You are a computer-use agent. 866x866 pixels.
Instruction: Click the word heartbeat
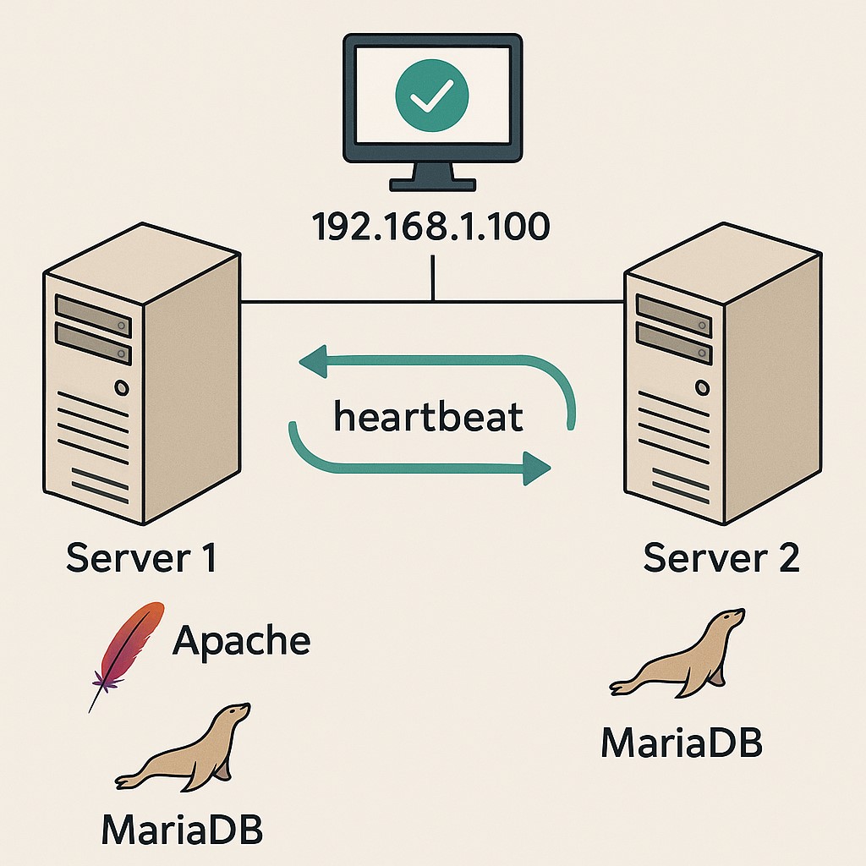(428, 418)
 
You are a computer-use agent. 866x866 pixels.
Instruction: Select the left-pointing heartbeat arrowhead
(311, 362)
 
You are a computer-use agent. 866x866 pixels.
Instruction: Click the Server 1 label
(140, 558)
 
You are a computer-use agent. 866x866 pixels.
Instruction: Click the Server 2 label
(721, 558)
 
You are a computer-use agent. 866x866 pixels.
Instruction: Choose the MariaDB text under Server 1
(182, 830)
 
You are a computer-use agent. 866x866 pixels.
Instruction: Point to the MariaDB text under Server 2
(682, 742)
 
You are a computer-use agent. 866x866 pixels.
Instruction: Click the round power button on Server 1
(122, 388)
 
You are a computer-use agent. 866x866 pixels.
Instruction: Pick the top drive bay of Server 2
(673, 309)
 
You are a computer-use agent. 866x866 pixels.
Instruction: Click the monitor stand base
(432, 184)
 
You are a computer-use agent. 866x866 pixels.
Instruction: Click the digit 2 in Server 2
(787, 558)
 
